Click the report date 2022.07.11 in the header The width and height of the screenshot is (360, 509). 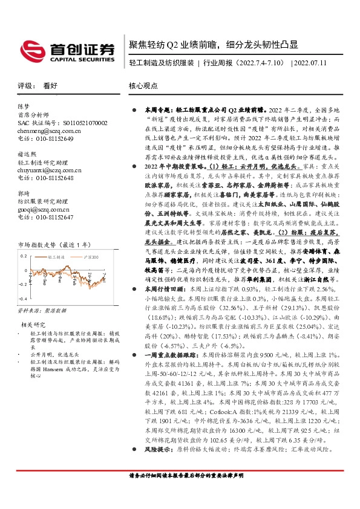pos(315,62)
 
